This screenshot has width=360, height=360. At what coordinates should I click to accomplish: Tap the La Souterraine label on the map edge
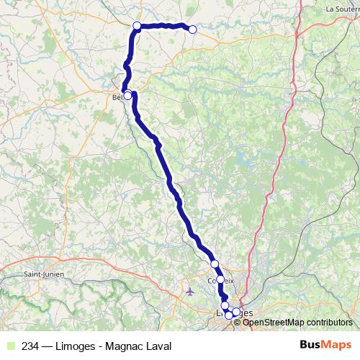pyautogui.click(x=343, y=9)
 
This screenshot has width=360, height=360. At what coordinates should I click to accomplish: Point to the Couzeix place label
pyautogui.click(x=220, y=280)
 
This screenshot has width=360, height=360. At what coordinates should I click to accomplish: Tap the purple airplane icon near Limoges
pyautogui.click(x=190, y=292)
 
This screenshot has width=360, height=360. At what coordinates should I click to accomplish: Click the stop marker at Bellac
pyautogui.click(x=127, y=95)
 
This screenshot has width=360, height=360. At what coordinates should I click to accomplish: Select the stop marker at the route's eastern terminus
pyautogui.click(x=192, y=29)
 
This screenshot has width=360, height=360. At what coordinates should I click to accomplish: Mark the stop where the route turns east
pyautogui.click(x=137, y=26)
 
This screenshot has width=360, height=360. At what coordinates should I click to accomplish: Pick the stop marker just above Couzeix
pyautogui.click(x=215, y=264)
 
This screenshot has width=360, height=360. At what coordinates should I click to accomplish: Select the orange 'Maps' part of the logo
pyautogui.click(x=336, y=344)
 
